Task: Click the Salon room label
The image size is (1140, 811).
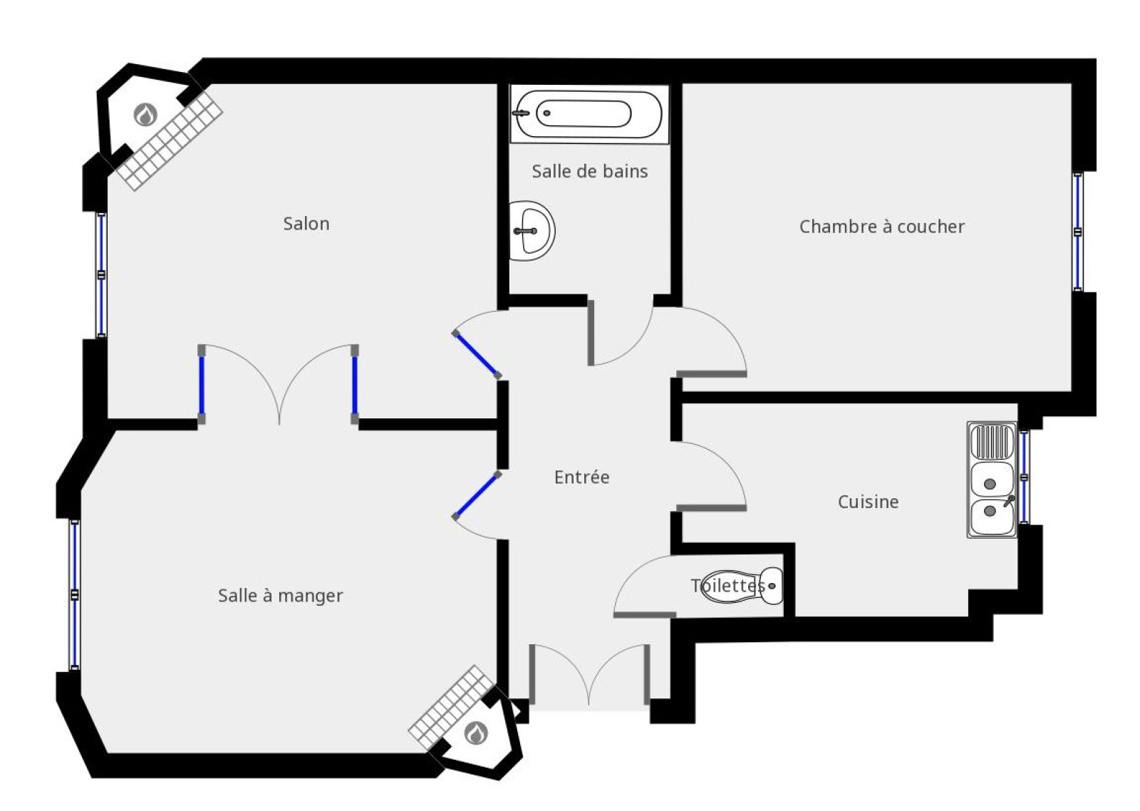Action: coord(306,224)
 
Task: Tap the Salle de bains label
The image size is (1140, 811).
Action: coord(589,171)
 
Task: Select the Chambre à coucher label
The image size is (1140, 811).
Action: coord(881,227)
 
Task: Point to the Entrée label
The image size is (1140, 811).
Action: coord(581,477)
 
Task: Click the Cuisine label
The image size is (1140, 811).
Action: coord(868,502)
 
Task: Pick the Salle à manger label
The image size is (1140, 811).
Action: coord(281,596)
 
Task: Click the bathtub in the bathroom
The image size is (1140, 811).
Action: coord(589,114)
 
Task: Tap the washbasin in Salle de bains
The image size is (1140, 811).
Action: coord(532,231)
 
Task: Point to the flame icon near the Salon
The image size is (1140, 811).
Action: coord(145,115)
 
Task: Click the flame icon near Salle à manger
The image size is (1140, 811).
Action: coord(477,733)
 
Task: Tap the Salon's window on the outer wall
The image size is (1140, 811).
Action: coord(102,275)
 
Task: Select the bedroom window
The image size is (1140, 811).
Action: coord(1077,232)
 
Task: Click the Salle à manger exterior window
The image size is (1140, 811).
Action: coord(75,594)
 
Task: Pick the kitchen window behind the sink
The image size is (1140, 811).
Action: coord(1024,477)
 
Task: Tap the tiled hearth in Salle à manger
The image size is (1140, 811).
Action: coord(452,707)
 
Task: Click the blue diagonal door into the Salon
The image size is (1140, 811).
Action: coord(477,354)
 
